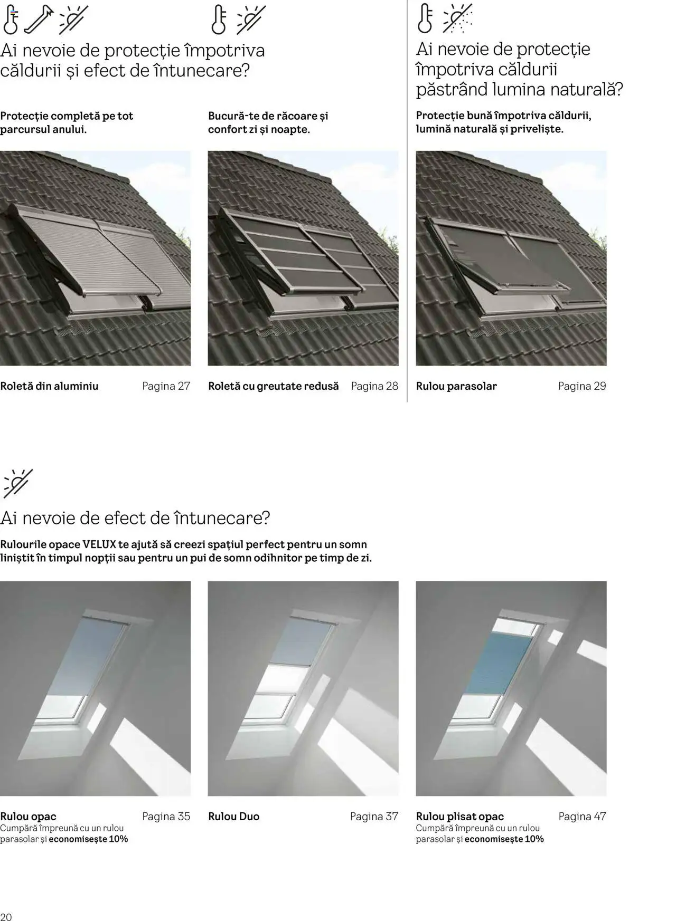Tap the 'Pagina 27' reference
pos(166,386)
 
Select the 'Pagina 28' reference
pos(374,386)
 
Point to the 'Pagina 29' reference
pos(582,386)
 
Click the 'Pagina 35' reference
pos(166,817)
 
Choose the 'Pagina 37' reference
pos(374,817)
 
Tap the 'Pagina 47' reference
pos(582,817)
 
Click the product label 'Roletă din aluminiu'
pos(49,386)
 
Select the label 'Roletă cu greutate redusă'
pos(274,386)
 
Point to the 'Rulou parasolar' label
pos(456,386)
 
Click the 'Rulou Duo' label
pos(234,817)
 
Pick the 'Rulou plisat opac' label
pos(460,817)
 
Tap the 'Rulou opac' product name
pos(28,817)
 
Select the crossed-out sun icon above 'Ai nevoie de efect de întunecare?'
pos(18,483)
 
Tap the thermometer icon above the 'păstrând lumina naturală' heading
pos(425,18)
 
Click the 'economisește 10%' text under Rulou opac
pos(88,839)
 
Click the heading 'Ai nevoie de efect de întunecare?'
pos(135,518)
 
